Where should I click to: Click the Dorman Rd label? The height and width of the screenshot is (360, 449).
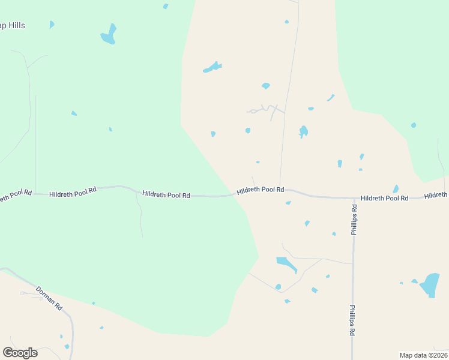49,298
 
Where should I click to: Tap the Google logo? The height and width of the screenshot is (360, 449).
20,353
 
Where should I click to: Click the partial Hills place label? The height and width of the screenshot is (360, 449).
13,26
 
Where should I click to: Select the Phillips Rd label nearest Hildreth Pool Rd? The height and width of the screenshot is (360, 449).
354,220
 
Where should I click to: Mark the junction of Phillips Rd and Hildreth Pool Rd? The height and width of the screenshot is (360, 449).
353,197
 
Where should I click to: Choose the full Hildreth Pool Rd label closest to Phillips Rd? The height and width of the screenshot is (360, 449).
384,197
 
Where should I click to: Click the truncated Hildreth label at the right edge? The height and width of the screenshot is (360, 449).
436,195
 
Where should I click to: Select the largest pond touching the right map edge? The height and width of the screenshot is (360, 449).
430,284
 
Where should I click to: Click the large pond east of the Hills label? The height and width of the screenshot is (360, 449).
109,35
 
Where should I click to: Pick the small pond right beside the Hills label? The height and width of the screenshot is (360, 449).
52,25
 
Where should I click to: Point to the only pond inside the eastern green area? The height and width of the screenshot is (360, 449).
414,125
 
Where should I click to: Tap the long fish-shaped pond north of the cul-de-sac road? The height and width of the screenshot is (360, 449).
212,67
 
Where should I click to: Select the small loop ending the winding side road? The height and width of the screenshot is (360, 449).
253,111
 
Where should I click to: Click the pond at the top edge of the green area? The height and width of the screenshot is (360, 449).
166,7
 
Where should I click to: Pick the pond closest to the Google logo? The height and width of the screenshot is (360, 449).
67,346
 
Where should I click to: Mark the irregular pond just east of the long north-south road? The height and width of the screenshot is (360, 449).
304,131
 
